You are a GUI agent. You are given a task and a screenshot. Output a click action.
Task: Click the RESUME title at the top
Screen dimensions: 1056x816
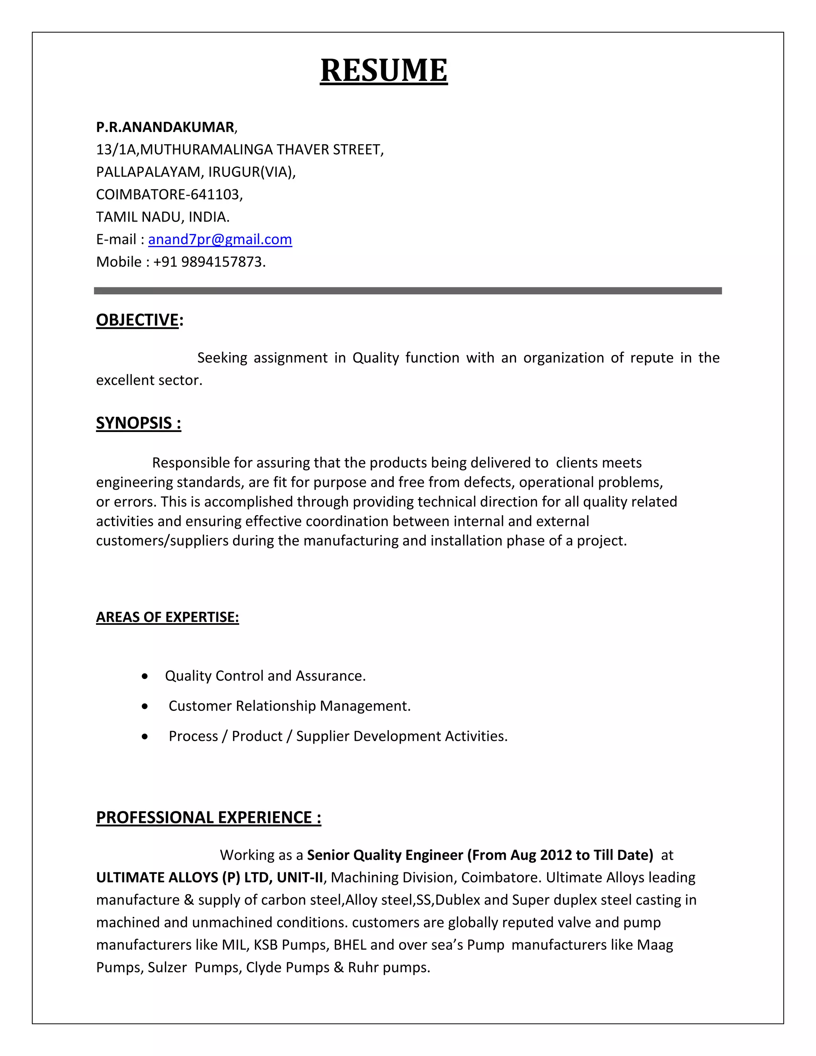coord(383,71)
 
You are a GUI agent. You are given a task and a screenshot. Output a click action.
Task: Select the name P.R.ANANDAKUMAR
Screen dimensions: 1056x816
coord(165,127)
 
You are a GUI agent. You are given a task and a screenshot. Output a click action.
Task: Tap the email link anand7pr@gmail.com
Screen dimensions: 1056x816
coord(220,239)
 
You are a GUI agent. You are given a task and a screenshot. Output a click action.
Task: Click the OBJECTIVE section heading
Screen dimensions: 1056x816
coord(138,320)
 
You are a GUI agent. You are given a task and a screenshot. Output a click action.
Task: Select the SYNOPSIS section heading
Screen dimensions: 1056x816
coord(138,423)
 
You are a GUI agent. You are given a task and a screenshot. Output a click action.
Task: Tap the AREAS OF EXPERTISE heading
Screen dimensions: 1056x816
coord(167,617)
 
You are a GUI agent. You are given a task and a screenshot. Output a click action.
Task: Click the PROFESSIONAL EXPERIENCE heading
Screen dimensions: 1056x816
coord(208,817)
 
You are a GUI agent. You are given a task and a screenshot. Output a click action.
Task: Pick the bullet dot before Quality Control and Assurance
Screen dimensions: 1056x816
coord(145,677)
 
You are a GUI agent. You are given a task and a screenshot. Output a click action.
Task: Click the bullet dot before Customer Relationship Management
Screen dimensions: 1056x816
coord(145,707)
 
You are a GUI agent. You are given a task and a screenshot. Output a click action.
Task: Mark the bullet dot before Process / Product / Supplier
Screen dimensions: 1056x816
coord(145,737)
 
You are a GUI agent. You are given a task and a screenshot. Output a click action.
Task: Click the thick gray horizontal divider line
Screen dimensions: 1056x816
coord(408,290)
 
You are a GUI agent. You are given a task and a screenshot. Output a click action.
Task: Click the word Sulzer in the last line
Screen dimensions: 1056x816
coord(167,967)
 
